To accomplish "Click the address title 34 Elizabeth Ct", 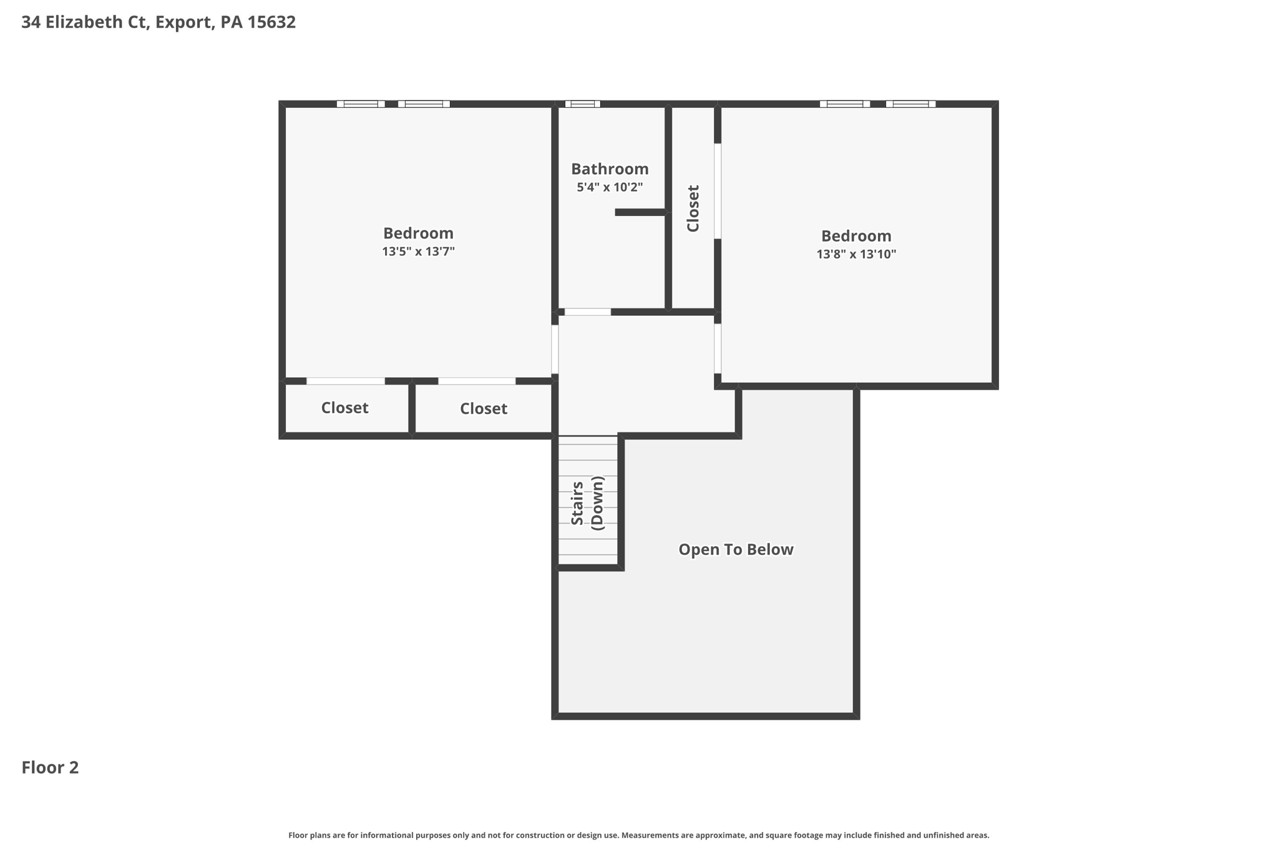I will [159, 22].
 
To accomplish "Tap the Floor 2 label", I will [50, 768].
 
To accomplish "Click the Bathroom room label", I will [610, 169].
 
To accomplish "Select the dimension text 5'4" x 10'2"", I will [610, 187].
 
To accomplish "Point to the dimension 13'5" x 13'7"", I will [418, 252].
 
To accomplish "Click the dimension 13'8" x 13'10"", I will [856, 254].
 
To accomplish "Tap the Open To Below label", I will [736, 549].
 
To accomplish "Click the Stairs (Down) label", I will [587, 503].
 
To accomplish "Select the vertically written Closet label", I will [693, 208].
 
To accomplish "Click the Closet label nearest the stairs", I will [483, 408].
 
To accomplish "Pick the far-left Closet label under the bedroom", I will [344, 408].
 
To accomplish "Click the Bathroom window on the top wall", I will [582, 104].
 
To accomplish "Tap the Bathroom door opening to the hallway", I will [587, 312].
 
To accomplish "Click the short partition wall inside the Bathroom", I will [640, 212].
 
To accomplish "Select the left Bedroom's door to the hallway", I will [555, 350].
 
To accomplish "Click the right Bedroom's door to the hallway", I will [718, 348].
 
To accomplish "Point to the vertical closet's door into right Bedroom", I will [718, 191].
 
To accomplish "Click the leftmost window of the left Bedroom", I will [361, 104].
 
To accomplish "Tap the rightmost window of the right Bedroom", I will [910, 104].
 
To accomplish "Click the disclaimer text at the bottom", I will [638, 835].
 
